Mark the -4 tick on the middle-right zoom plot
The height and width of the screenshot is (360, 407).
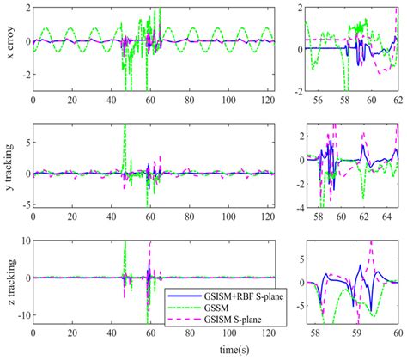pyautogui.click(x=294, y=207)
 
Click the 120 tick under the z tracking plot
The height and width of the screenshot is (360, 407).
pyautogui.click(x=270, y=332)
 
